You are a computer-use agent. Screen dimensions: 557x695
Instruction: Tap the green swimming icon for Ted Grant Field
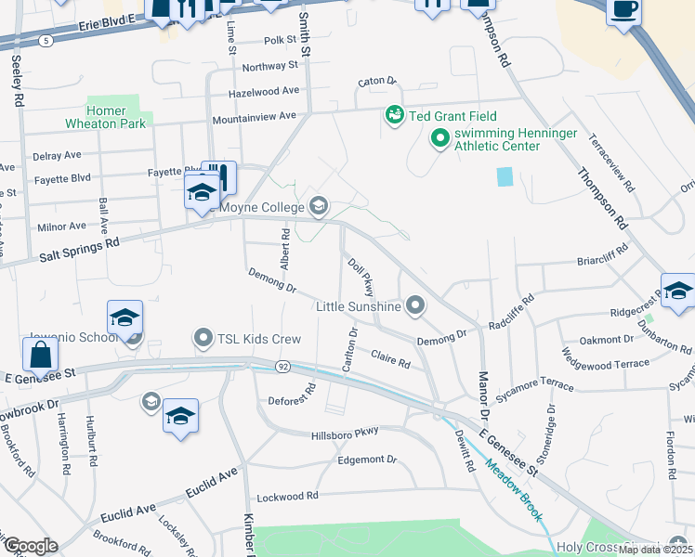(x=394, y=116)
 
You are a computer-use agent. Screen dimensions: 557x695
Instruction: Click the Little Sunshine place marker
(x=415, y=304)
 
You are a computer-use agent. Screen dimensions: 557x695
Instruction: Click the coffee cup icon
(x=624, y=10)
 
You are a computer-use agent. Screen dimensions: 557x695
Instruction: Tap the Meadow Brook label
(x=513, y=492)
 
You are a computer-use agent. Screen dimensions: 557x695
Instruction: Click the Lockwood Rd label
(x=287, y=497)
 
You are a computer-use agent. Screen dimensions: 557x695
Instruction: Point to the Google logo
(x=30, y=546)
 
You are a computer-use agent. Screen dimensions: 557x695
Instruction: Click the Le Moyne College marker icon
(x=319, y=205)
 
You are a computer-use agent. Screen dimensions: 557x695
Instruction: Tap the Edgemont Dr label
(x=367, y=460)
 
